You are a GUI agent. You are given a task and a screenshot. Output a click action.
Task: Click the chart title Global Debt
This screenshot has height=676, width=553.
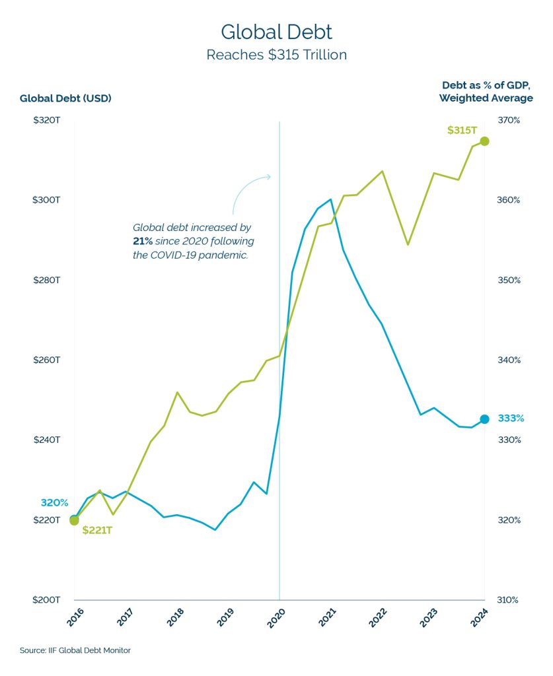[x=276, y=32]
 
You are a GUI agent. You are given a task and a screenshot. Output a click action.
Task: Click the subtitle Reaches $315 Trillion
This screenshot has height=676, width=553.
[x=276, y=55]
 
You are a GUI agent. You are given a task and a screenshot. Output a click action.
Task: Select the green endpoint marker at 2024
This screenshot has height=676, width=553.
[x=484, y=141]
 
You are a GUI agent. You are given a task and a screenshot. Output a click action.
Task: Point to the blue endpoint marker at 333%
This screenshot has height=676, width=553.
[x=484, y=419]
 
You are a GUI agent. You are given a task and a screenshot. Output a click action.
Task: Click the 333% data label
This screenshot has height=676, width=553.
[x=511, y=419]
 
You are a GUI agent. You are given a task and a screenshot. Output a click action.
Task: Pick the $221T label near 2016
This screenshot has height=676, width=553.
[x=97, y=530]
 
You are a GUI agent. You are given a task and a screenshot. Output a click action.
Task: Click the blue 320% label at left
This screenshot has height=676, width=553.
[x=54, y=503]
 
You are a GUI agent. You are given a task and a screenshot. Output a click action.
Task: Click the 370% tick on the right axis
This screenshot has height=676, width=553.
[x=509, y=120]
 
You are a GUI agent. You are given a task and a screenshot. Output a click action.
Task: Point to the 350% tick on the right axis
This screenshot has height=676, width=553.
[x=509, y=281]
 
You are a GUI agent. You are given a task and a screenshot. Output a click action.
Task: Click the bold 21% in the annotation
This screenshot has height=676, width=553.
[x=143, y=241]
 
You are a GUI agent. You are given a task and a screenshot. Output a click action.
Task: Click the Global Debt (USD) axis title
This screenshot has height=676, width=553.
[x=65, y=98]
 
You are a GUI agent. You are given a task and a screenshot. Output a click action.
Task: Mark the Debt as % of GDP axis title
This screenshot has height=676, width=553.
[x=486, y=92]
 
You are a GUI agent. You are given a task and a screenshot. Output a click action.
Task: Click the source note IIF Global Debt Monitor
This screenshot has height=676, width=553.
[x=75, y=651]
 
